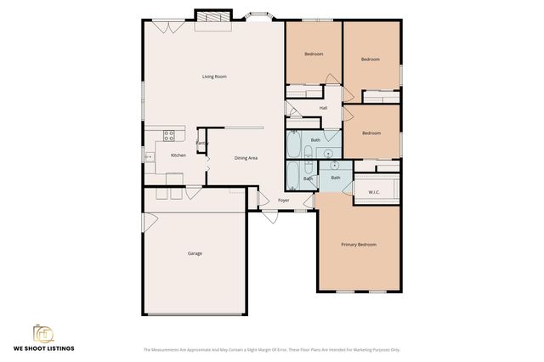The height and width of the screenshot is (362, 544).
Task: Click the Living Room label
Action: pos(214,77)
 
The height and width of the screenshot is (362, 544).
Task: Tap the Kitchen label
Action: pos(178,156)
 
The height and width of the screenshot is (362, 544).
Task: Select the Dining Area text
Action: pos(246,158)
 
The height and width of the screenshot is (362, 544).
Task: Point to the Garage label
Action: pos(195,253)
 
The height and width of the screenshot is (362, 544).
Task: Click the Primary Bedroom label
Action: pos(359,245)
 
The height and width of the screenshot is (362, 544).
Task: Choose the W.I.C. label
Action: pos(374,192)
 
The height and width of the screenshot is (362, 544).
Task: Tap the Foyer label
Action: pos(284,201)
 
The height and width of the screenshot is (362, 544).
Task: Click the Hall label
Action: pos(323,108)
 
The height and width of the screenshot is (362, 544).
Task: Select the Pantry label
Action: pos(202,143)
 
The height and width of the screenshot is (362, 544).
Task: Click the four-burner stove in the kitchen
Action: pos(169,134)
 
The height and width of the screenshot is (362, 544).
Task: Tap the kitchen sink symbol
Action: pos(150,156)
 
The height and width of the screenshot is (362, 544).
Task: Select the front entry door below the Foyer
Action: pos(270,216)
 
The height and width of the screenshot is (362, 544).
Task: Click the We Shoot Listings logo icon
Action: pos(43,333)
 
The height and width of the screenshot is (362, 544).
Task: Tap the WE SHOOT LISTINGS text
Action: pos(43,349)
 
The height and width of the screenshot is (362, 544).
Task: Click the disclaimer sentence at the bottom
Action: pos(271,349)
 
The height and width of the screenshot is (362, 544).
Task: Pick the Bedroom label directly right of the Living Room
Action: pos(314,54)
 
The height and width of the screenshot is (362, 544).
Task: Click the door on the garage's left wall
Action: pos(150,222)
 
